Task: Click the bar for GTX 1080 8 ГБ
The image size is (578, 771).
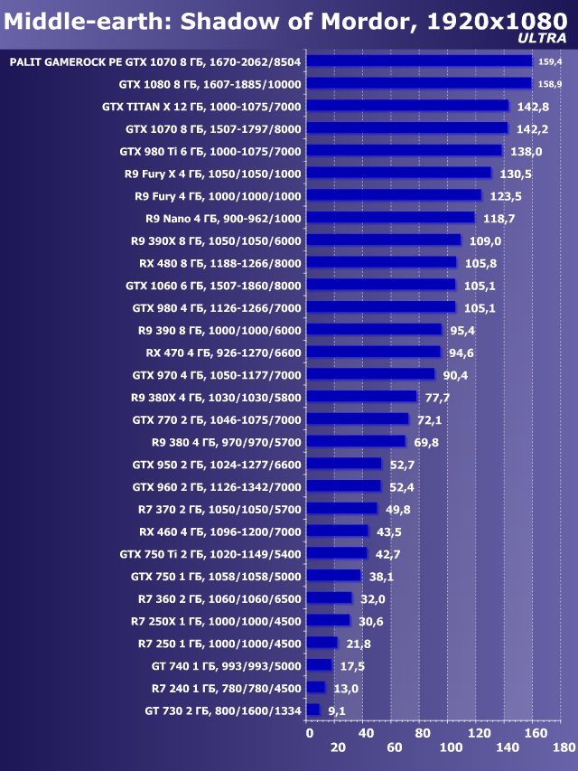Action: [x=418, y=83]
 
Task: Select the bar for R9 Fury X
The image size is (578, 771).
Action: [x=398, y=173]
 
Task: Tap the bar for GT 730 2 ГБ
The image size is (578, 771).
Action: [x=312, y=710]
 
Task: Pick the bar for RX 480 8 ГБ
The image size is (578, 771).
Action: [x=381, y=262]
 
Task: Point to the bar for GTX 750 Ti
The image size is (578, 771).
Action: [x=336, y=553]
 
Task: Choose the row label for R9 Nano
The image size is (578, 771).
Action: [x=223, y=218]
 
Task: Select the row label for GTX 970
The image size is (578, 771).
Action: [x=217, y=374]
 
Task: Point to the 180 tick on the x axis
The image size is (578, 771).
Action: [x=564, y=747]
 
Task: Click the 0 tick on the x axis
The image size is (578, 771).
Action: [x=310, y=732]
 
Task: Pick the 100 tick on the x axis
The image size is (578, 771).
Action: [x=450, y=747]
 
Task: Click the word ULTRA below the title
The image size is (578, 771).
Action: [x=543, y=38]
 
